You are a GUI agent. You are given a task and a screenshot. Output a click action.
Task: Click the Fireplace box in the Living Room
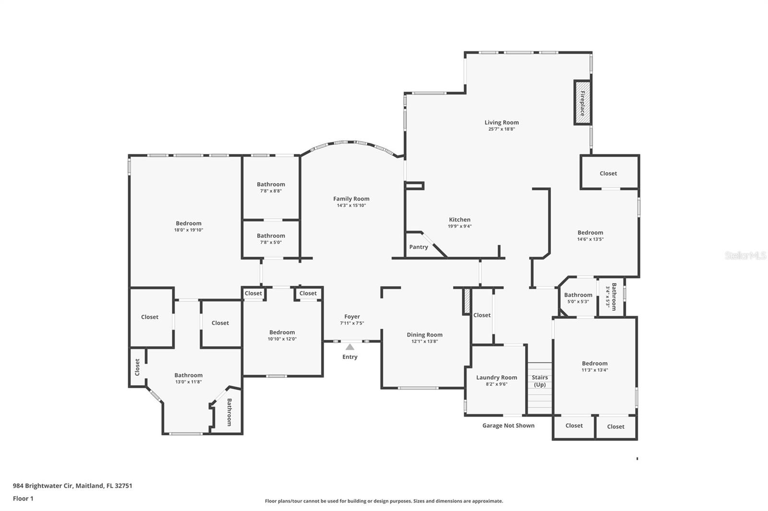582,103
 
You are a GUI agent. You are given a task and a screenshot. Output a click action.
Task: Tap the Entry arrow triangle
350,347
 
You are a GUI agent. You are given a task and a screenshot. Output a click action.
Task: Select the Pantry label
419,247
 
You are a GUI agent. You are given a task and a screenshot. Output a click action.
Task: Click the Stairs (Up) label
540,381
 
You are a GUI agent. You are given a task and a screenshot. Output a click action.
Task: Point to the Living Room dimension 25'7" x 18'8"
502,129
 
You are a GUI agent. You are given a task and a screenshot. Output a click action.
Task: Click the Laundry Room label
496,377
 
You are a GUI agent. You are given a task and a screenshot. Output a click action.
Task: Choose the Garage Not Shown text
508,425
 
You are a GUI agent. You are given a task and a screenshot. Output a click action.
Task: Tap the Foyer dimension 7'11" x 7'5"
352,323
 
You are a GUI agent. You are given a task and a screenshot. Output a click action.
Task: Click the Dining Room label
424,335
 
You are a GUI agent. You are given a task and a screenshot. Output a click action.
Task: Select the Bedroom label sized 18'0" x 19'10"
189,223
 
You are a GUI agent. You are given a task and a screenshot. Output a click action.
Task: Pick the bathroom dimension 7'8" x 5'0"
271,242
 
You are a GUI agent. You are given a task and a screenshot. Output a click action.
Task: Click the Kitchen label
459,220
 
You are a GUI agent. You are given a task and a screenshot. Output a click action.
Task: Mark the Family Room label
351,198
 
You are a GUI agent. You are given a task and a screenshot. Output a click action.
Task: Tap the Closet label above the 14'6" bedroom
608,173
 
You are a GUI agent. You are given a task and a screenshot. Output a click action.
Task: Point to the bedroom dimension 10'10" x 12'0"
282,339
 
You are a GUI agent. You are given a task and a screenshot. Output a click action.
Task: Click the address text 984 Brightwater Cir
72,486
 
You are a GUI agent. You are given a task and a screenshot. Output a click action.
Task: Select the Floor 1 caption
23,499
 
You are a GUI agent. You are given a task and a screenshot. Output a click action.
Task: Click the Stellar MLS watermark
745,256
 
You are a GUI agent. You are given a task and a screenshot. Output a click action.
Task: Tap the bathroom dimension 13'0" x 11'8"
188,382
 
